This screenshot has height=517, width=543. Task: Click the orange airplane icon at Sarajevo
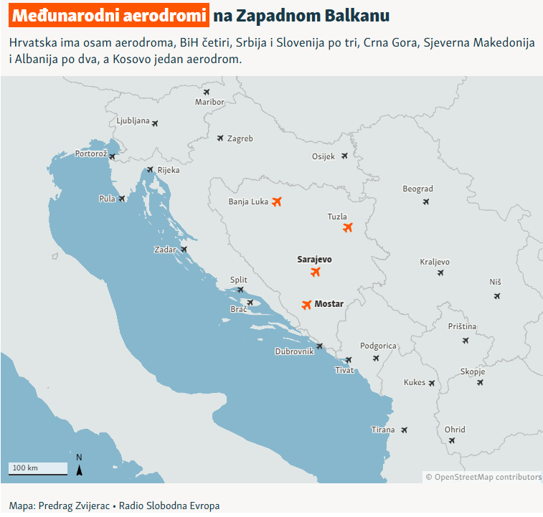315,272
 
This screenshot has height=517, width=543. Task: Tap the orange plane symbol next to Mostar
307,305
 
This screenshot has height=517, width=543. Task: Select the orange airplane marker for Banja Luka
277,201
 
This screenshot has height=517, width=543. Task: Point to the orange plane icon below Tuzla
348,228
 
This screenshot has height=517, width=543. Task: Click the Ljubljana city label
133,120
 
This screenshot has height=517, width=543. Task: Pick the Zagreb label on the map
240,138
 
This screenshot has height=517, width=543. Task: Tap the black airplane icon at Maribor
207,92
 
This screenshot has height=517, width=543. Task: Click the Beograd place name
417,189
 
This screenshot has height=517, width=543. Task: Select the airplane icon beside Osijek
344,156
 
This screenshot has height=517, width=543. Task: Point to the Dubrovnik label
294,351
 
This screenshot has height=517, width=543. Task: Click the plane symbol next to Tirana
405,430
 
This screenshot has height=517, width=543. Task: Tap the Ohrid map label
455,430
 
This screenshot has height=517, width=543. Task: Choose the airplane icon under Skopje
480,382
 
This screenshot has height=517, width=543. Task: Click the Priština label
462,326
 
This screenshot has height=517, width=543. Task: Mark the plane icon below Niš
496,295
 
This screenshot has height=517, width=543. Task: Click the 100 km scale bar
37,470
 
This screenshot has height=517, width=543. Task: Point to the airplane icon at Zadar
184,250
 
